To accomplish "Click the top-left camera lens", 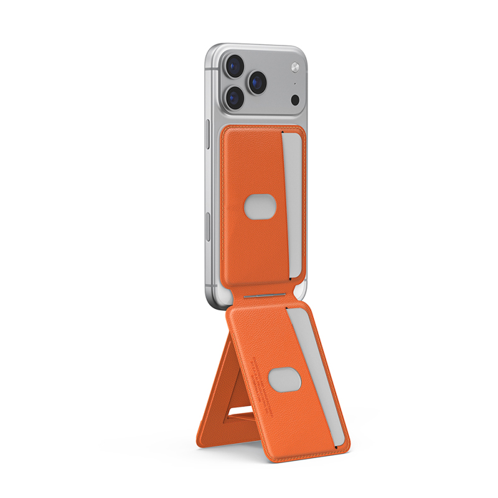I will (235, 66).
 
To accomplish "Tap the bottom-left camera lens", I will (235, 97).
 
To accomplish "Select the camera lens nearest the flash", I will (257, 81).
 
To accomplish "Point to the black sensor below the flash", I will (295, 100).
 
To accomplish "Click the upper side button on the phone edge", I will (208, 133).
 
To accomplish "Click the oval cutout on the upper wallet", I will (258, 206).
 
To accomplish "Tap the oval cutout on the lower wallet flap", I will (285, 379).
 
